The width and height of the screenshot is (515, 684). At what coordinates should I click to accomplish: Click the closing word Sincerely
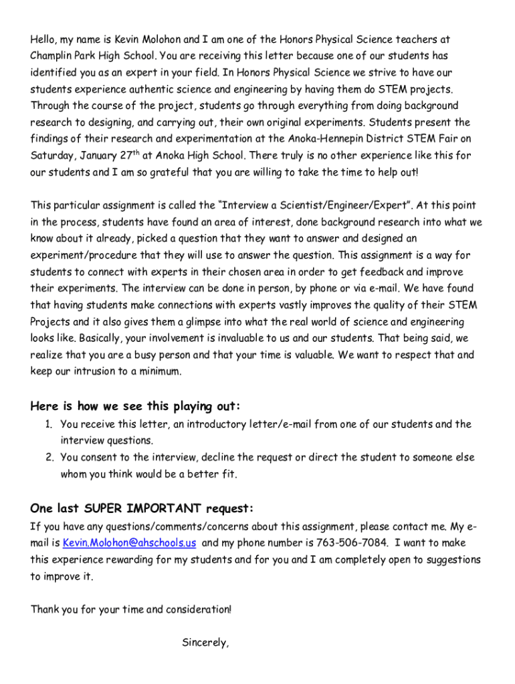pyautogui.click(x=205, y=643)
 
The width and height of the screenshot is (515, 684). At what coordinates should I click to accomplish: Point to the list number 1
pyautogui.click(x=49, y=424)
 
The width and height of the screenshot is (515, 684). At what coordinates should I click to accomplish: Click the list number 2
pyautogui.click(x=49, y=458)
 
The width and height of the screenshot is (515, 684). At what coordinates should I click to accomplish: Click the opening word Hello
pyautogui.click(x=44, y=39)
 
